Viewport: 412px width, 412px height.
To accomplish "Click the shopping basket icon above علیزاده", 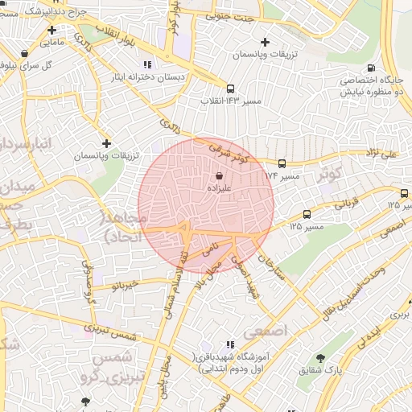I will click(x=220, y=173).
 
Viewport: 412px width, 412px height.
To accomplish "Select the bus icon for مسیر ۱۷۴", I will click(x=281, y=163).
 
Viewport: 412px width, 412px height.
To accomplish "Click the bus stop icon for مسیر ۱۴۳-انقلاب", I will click(x=231, y=89).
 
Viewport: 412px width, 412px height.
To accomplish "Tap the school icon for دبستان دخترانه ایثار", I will click(x=146, y=64).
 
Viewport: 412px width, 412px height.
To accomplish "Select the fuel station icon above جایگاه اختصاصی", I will click(x=371, y=68).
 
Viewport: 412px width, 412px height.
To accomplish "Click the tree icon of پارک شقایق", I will click(x=321, y=358).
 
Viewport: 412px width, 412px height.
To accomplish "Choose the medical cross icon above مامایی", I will click(x=52, y=30).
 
